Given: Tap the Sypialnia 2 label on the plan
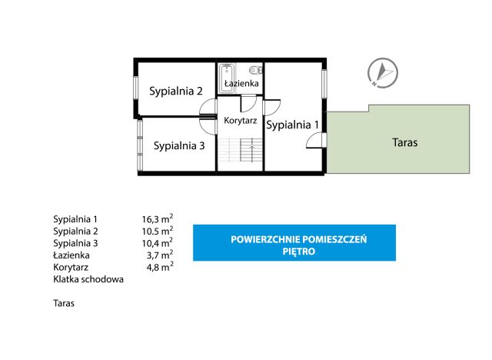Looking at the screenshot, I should (x=175, y=91).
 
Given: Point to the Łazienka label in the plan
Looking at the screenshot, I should (x=241, y=83).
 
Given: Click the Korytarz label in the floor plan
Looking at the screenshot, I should (x=240, y=120).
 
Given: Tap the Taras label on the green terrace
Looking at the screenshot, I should (x=404, y=142).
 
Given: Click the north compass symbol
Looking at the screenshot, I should (x=381, y=71).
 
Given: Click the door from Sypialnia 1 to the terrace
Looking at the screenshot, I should (x=315, y=139).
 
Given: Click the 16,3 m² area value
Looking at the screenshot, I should (x=157, y=218).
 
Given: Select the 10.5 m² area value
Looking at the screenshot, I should (x=157, y=231).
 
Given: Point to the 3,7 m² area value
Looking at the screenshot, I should (x=160, y=255).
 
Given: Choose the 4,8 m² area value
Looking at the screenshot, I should (x=160, y=267).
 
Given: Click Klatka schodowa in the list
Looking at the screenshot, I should (x=88, y=279).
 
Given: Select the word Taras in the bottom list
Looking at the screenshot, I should (x=65, y=304).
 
